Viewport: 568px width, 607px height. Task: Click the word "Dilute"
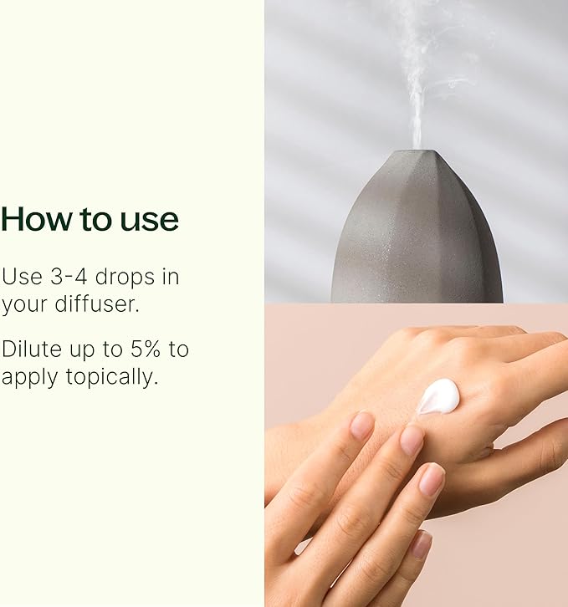34,349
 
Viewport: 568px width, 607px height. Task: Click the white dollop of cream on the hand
438,396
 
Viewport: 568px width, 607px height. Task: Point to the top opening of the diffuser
416,152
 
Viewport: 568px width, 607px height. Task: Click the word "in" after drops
171,277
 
